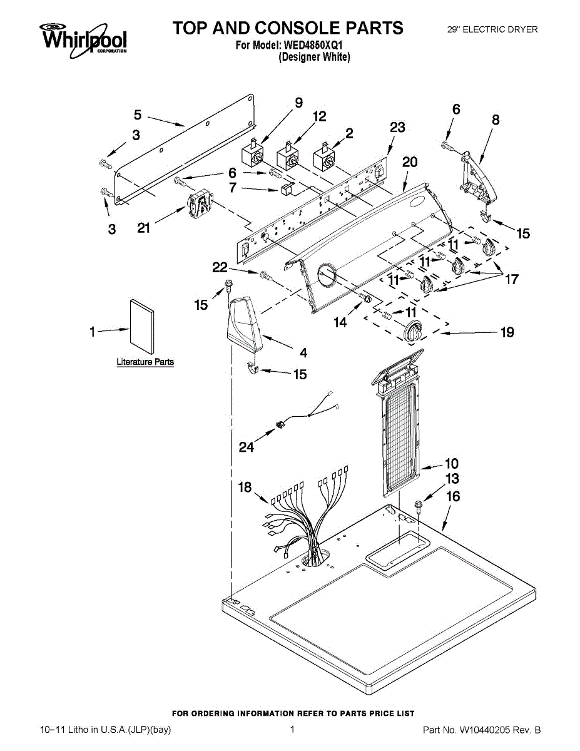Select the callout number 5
tap(138, 115)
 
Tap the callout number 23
tap(397, 128)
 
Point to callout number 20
tap(410, 161)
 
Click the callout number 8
tap(496, 120)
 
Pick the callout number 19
tap(507, 332)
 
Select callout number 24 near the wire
tap(247, 447)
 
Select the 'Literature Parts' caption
tap(145, 362)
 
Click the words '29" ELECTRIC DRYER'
tap(492, 29)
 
